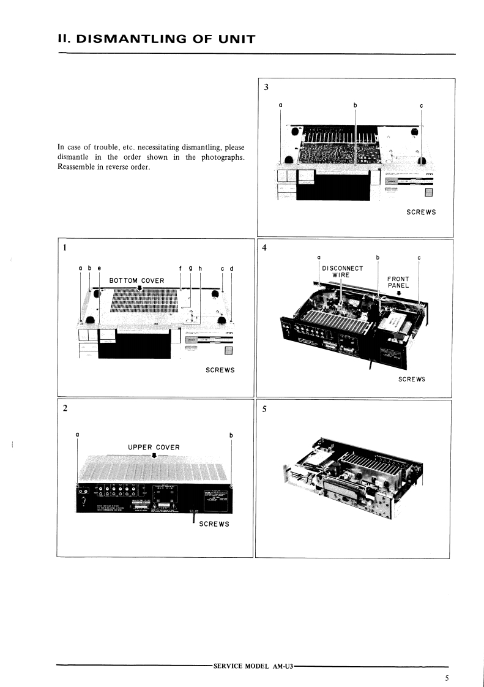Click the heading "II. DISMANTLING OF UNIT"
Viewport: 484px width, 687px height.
(155, 40)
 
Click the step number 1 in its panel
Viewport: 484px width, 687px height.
(64, 248)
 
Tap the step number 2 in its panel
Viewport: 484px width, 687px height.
(65, 409)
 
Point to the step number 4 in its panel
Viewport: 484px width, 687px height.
(264, 248)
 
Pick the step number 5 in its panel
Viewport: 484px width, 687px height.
(264, 410)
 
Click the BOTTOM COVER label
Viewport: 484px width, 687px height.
(136, 280)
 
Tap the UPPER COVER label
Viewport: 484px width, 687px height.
(154, 447)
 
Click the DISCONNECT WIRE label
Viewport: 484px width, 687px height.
(342, 271)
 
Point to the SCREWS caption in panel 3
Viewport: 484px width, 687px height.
(421, 212)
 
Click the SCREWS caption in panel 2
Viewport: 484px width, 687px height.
(214, 524)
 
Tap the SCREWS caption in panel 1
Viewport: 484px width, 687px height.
(220, 370)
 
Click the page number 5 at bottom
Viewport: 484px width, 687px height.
(447, 678)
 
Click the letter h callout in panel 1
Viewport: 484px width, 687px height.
(200, 268)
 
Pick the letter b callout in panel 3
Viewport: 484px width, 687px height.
(356, 105)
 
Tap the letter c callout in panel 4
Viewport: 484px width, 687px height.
(419, 257)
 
